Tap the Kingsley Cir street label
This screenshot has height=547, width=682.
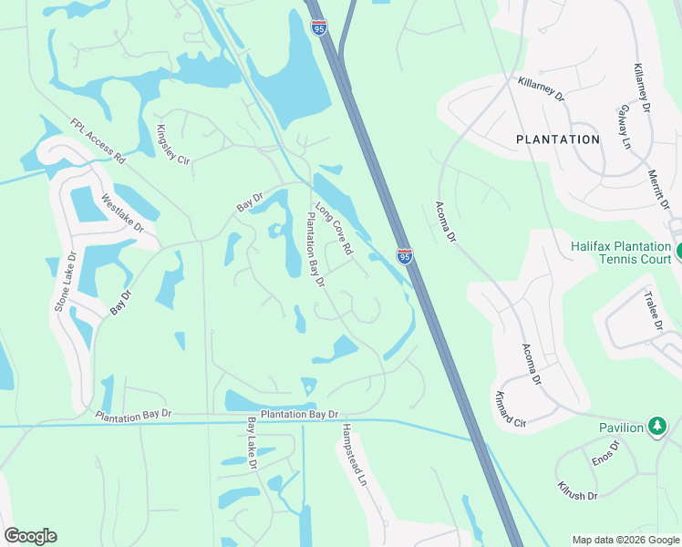172,145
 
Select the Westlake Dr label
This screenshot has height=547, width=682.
123,214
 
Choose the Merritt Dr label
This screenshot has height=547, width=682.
658,187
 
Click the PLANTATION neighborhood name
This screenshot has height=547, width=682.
558,139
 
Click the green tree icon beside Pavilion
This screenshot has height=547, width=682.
656,427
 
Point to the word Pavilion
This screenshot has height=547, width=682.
621,427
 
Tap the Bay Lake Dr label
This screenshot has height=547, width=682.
253,444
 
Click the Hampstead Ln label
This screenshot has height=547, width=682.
352,453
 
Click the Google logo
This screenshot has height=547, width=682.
30,536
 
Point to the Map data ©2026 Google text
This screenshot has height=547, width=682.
625,540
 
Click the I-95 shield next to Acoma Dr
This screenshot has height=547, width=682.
404,256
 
